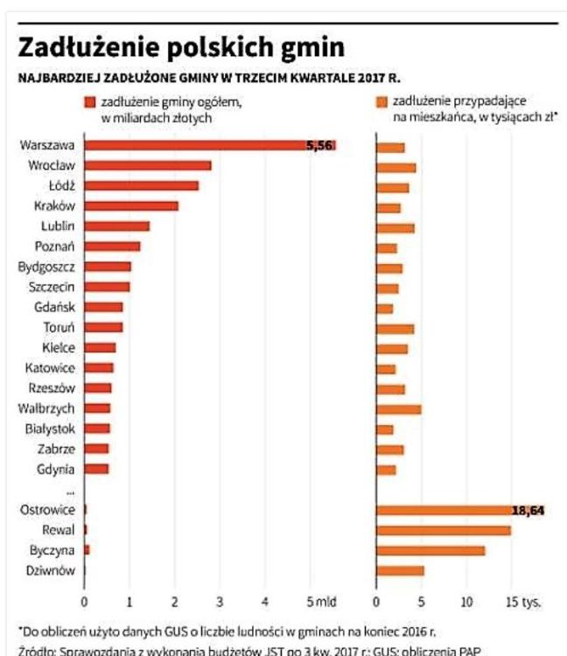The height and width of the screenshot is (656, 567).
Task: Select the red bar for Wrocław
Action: coord(148,165)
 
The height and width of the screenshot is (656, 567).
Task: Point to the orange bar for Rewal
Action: coord(443,530)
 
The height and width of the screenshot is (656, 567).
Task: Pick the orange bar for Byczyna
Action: coord(430,550)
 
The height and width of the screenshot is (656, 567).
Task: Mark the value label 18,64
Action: coord(528,510)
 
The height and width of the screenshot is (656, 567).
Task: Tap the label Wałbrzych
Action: coord(52,408)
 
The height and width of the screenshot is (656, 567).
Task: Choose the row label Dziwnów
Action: coord(53,571)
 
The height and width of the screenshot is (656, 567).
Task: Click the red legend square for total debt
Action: coord(88,102)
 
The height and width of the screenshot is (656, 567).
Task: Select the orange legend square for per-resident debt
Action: coord(381,102)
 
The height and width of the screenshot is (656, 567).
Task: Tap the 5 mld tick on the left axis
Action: coord(318,602)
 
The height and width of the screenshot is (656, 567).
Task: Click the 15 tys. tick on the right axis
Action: coord(524,602)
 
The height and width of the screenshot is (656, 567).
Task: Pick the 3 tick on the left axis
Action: coord(220,602)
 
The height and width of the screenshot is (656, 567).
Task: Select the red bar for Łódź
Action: coord(142,185)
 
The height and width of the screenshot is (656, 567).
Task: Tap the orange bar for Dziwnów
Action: coord(400,571)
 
